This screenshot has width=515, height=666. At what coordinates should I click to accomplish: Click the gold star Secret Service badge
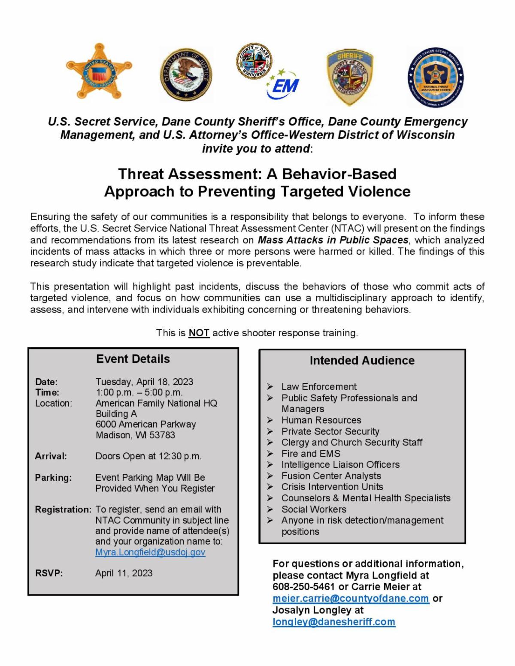pyautogui.click(x=99, y=71)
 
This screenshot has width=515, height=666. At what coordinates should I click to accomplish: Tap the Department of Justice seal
pyautogui.click(x=186, y=74)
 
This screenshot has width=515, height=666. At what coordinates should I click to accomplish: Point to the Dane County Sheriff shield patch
pyautogui.click(x=350, y=77)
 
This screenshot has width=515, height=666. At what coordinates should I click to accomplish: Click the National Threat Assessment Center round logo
pyautogui.click(x=436, y=77)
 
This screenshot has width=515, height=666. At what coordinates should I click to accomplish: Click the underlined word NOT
pyautogui.click(x=199, y=333)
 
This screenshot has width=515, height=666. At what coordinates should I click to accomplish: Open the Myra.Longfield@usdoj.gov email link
pyautogui.click(x=150, y=552)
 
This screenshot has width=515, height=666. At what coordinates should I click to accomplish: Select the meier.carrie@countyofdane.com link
pyautogui.click(x=351, y=598)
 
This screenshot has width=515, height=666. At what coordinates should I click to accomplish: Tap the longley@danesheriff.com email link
pyautogui.click(x=334, y=622)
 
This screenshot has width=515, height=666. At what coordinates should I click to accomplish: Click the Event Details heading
pyautogui.click(x=133, y=359)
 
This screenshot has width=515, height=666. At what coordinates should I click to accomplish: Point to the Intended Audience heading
pyautogui.click(x=362, y=361)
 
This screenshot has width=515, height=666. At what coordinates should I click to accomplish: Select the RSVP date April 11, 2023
pyautogui.click(x=124, y=573)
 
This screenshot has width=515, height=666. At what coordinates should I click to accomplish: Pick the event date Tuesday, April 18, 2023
pyautogui.click(x=144, y=382)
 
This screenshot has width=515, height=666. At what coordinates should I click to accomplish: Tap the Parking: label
pyautogui.click(x=53, y=478)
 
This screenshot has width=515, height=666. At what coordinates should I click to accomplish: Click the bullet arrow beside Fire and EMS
pyautogui.click(x=270, y=453)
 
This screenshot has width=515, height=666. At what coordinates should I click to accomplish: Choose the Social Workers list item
pyautogui.click(x=314, y=509)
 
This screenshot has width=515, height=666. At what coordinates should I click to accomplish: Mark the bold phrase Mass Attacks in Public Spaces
pyautogui.click(x=333, y=240)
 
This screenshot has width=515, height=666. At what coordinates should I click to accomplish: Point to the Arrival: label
pyautogui.click(x=51, y=456)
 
